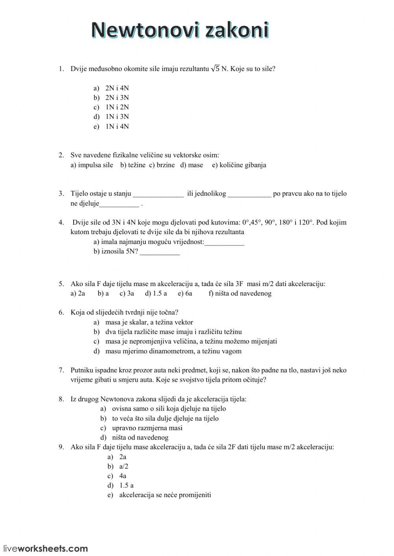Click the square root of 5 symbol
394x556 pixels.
click(x=215, y=68)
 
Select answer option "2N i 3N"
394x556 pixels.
click(x=117, y=98)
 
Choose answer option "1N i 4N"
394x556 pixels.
click(x=117, y=126)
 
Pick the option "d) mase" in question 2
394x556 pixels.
click(x=191, y=165)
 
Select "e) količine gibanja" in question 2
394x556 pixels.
click(x=239, y=165)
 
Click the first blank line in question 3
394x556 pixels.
click(x=158, y=194)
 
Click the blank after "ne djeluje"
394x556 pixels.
click(x=119, y=204)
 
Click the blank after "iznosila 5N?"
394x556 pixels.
click(x=160, y=252)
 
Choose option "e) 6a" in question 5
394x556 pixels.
click(x=185, y=293)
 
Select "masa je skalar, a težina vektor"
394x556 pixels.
click(x=149, y=322)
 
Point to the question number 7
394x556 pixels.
click(x=61, y=370)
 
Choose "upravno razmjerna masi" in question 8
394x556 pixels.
click(x=147, y=428)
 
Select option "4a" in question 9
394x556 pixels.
click(x=123, y=476)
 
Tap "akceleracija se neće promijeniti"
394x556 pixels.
click(x=165, y=495)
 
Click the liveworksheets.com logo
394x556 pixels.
click(x=46, y=548)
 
